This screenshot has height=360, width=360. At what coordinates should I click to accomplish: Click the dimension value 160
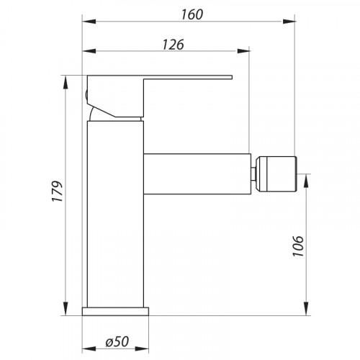click(192, 14)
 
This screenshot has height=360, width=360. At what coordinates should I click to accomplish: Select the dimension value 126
click(173, 45)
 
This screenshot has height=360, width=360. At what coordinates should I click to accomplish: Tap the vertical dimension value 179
click(58, 192)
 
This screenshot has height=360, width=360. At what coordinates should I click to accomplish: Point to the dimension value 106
click(298, 246)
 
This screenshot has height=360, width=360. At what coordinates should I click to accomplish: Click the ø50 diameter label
click(117, 341)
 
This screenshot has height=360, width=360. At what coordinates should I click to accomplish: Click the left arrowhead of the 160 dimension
click(89, 22)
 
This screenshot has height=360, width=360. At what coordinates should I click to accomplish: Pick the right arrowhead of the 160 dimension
click(289, 22)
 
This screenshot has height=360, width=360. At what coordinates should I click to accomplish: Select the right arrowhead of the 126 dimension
click(243, 51)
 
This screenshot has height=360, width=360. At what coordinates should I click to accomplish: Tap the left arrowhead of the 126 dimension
click(89, 51)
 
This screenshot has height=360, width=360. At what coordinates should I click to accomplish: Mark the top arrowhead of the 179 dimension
click(65, 83)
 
